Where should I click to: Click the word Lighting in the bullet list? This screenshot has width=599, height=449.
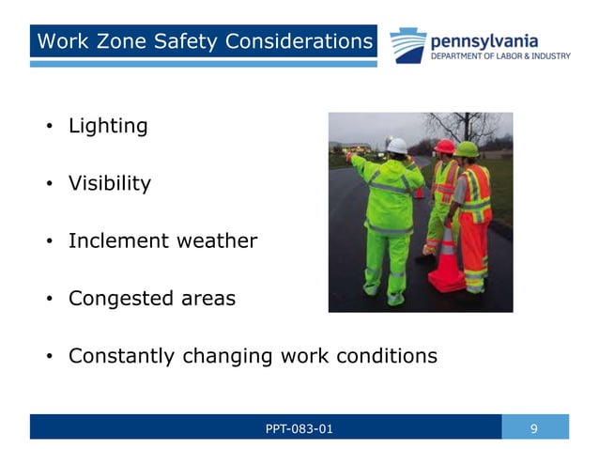[108, 126]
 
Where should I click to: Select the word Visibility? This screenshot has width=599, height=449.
[109, 183]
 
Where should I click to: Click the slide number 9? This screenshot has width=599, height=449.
[534, 429]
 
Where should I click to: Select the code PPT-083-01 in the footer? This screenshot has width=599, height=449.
[299, 429]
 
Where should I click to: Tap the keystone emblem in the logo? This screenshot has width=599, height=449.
[407, 45]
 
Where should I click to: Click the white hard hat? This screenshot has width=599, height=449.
[398, 146]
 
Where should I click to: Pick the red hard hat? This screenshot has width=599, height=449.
[445, 147]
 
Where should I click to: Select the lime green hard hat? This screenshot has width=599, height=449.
[467, 148]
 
